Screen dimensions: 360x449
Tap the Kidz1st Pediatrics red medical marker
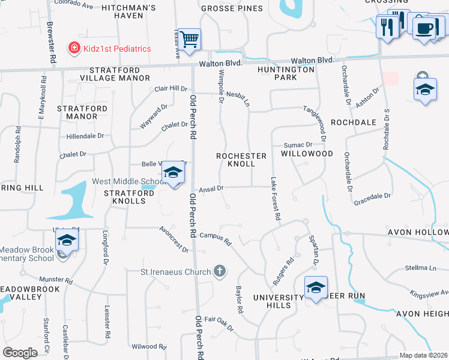(x=74, y=48)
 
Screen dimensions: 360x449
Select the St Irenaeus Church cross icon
(x=220, y=271)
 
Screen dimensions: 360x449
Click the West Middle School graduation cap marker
(x=173, y=173)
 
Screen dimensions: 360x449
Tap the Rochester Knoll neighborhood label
(x=241, y=160)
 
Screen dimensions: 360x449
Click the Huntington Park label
(x=294, y=73)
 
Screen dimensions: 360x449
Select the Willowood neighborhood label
(x=307, y=154)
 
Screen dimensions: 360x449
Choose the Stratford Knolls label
(x=125, y=197)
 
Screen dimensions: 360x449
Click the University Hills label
(x=279, y=301)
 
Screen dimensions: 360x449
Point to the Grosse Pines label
(x=232, y=8)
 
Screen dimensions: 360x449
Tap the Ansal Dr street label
(x=211, y=188)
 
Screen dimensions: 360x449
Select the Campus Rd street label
(x=215, y=238)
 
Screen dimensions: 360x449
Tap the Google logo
(x=20, y=353)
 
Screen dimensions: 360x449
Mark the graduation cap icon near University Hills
(x=315, y=287)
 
